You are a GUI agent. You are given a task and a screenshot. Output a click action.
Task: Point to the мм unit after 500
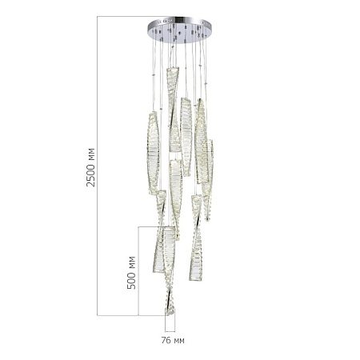point(132,260)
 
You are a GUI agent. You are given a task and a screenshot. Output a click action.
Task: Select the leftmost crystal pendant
point(153,154)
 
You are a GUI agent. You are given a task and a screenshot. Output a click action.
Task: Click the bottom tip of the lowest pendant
point(169,313)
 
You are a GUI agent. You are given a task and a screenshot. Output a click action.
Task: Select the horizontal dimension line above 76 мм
point(170,330)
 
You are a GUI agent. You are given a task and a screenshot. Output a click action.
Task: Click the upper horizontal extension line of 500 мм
point(152,226)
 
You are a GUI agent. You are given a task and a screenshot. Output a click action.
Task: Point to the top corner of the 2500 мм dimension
point(98,16)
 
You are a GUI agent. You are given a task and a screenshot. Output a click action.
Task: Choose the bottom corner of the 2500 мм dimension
point(98,314)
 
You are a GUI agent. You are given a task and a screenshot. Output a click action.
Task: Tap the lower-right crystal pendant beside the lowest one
point(195,248)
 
